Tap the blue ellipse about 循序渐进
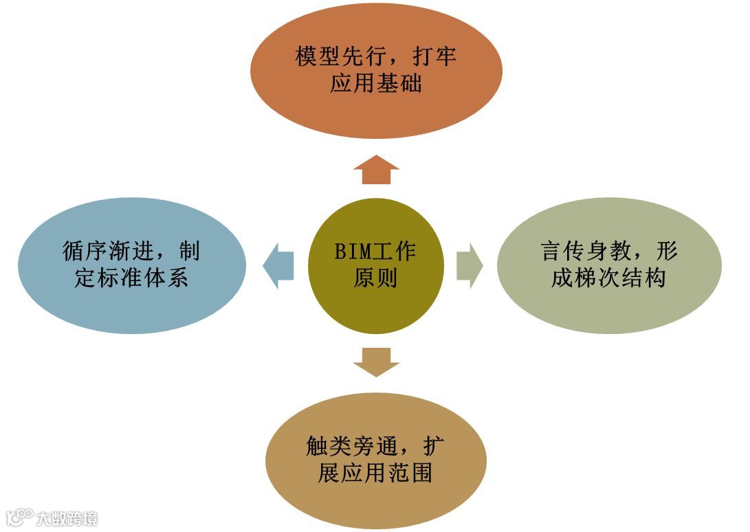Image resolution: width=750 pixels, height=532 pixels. [x=131, y=265]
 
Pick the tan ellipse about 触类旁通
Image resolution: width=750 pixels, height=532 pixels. [x=375, y=460]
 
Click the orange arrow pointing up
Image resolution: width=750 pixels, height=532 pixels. [x=376, y=170]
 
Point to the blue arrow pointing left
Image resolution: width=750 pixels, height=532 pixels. [x=278, y=265]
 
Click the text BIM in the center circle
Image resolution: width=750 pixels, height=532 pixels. [x=353, y=252]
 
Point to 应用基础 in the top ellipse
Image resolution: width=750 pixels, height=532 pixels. [x=375, y=84]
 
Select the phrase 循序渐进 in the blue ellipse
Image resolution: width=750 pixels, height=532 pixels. [x=107, y=252]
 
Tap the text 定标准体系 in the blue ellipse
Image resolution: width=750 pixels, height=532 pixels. [x=131, y=278]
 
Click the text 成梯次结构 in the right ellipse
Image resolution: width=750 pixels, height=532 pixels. [x=608, y=279]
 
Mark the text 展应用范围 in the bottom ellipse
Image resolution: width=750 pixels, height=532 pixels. [x=375, y=474]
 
